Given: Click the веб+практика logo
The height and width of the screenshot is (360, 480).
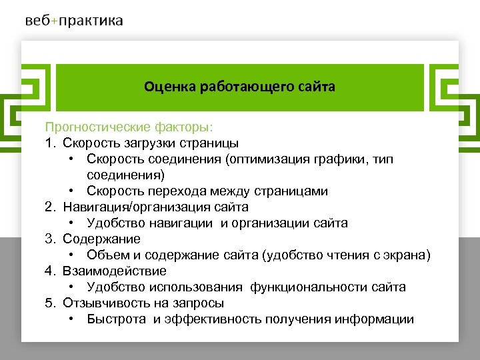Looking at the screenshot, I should (74, 21).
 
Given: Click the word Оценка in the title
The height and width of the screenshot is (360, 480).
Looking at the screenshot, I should (167, 87).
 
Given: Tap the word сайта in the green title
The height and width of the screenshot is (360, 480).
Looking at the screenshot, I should (317, 87).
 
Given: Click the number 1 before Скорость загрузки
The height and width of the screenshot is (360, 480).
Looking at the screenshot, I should (49, 143).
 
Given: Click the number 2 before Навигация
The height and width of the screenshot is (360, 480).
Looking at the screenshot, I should (49, 207).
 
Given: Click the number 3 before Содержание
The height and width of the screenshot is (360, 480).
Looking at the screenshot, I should (49, 239).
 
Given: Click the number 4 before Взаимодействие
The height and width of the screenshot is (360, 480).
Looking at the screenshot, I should (49, 271).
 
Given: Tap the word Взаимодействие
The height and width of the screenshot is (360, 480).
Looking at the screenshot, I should (115, 271).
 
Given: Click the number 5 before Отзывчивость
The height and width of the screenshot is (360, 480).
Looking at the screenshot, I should (49, 303).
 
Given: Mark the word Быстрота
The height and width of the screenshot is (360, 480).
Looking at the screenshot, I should (117, 319).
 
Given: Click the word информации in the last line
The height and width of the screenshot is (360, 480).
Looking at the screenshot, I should (377, 319).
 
